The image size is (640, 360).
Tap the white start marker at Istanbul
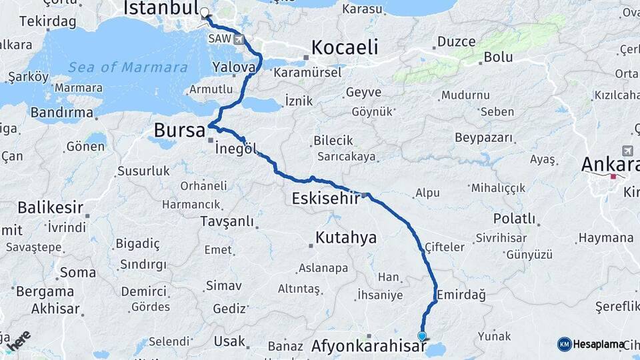(204, 12)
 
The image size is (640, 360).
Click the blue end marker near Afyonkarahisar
(422, 336)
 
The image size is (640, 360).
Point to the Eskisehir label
(326, 198)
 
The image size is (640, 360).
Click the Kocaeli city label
(345, 47)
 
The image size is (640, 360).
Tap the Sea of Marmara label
(127, 67)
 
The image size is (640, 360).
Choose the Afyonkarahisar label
(369, 347)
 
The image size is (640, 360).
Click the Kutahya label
(346, 237)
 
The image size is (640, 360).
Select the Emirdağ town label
(461, 294)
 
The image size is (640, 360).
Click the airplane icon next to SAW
(239, 39)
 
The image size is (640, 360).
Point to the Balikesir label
(50, 207)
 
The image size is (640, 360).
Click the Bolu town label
(498, 57)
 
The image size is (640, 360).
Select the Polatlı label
(514, 219)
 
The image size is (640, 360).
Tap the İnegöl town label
(236, 149)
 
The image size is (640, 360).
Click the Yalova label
(234, 67)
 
